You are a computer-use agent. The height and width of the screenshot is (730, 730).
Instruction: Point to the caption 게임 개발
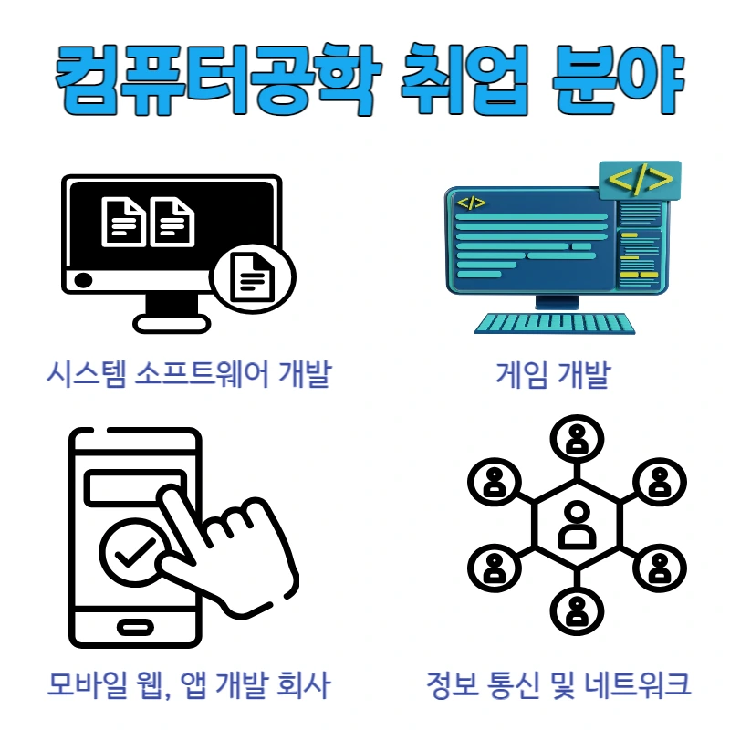click(x=552, y=374)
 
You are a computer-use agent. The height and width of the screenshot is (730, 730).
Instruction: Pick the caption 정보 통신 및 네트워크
click(x=558, y=683)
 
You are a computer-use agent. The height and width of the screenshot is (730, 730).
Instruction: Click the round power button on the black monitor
click(x=83, y=280)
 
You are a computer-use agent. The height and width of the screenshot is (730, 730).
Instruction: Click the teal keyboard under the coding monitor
click(x=554, y=323)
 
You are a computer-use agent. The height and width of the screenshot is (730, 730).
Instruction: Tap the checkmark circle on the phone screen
click(x=133, y=553)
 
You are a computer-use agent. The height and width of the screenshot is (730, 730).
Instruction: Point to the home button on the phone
click(x=134, y=628)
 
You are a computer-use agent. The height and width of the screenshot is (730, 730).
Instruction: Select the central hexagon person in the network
click(x=577, y=525)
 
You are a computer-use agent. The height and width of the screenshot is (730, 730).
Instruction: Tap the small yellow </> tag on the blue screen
click(x=472, y=203)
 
